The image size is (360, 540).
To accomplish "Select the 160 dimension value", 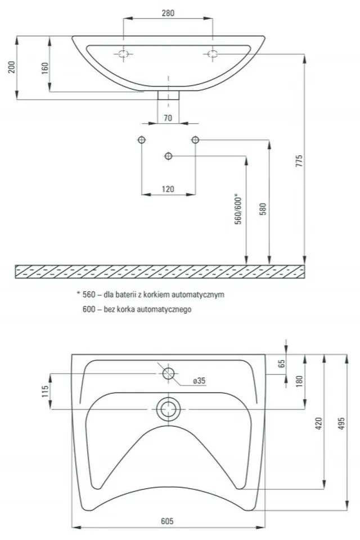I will point(45,68).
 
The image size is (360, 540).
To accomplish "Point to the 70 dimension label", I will point(168,118).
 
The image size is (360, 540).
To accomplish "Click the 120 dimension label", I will point(168,189).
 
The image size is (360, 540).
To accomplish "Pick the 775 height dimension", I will point(300,161).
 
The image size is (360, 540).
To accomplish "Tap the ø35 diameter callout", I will point(199,381).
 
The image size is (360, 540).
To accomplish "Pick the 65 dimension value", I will point(282,363).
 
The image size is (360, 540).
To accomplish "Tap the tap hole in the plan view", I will point(168,373).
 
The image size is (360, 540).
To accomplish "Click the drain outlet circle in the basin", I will point(168,409).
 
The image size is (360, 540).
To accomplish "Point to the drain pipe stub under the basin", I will point(168,94).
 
